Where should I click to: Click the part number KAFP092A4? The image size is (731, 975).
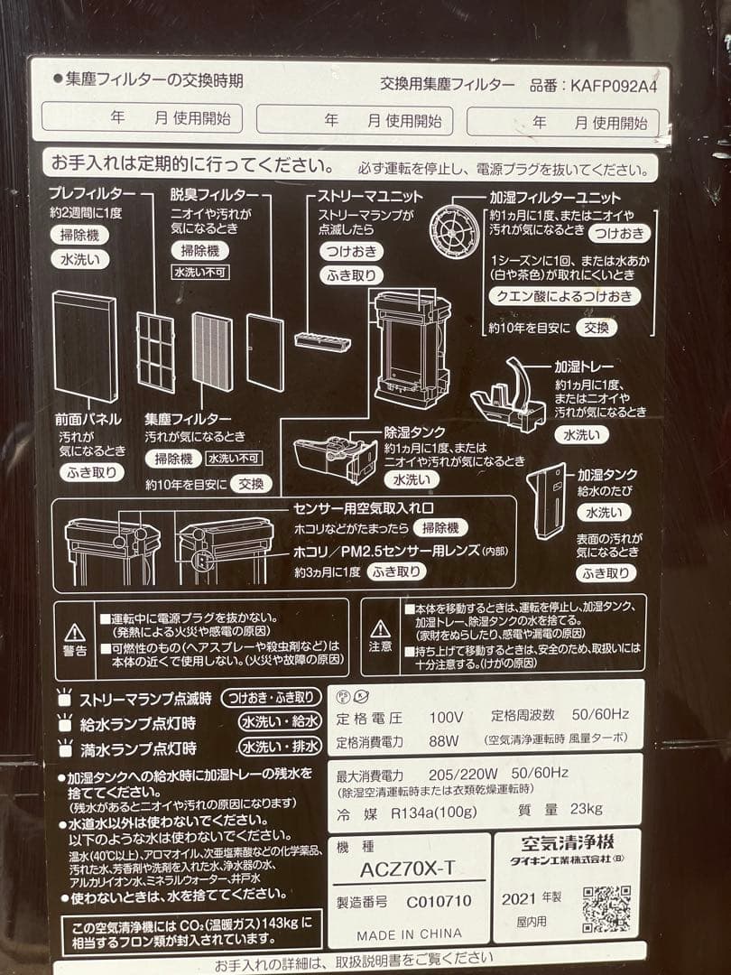pyautogui.click(x=614, y=86)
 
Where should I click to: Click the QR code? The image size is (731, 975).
pyautogui.click(x=606, y=908)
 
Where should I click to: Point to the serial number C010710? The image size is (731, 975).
pyautogui.click(x=439, y=901)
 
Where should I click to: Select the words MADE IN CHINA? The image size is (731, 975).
pyautogui.click(x=409, y=934)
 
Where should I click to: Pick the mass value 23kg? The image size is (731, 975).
pyautogui.click(x=586, y=808)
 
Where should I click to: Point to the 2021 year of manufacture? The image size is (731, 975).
pyautogui.click(x=520, y=900)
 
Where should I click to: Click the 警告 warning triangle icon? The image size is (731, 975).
pyautogui.click(x=76, y=632)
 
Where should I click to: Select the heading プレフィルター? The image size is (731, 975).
pyautogui.click(x=93, y=194)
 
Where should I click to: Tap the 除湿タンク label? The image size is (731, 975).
pyautogui.click(x=415, y=432)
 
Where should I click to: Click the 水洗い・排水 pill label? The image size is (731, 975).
pyautogui.click(x=279, y=747)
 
